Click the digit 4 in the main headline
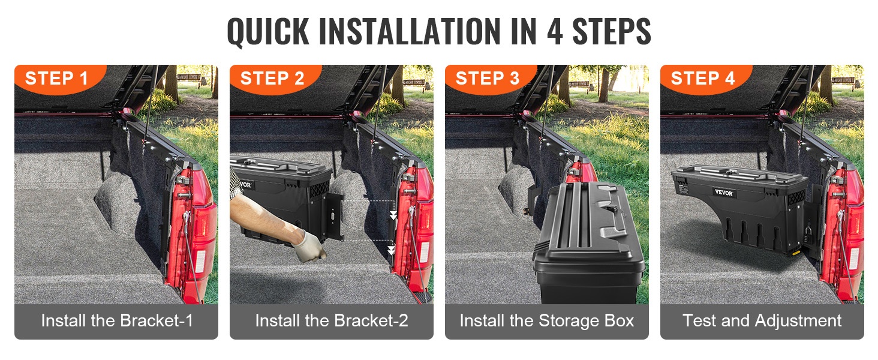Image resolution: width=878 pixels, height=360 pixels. click(x=555, y=31)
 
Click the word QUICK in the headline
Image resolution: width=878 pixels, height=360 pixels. click(x=268, y=31)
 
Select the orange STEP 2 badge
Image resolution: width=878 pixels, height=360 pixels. click(x=275, y=79)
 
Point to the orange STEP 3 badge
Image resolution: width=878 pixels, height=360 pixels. click(x=491, y=79)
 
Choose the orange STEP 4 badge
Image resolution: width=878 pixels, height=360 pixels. click(x=705, y=79)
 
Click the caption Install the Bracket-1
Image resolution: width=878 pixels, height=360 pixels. click(x=117, y=321)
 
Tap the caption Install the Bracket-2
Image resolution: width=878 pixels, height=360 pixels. click(x=332, y=321)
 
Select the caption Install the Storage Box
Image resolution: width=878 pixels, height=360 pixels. click(x=547, y=321)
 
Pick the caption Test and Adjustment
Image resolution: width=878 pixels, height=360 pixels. click(x=762, y=321)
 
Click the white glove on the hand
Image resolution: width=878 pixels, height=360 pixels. click(x=309, y=246)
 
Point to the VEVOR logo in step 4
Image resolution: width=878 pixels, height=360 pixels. click(x=723, y=193)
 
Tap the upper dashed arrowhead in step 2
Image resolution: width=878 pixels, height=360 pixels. click(x=393, y=215)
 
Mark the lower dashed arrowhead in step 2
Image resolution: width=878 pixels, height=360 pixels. click(x=391, y=250)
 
